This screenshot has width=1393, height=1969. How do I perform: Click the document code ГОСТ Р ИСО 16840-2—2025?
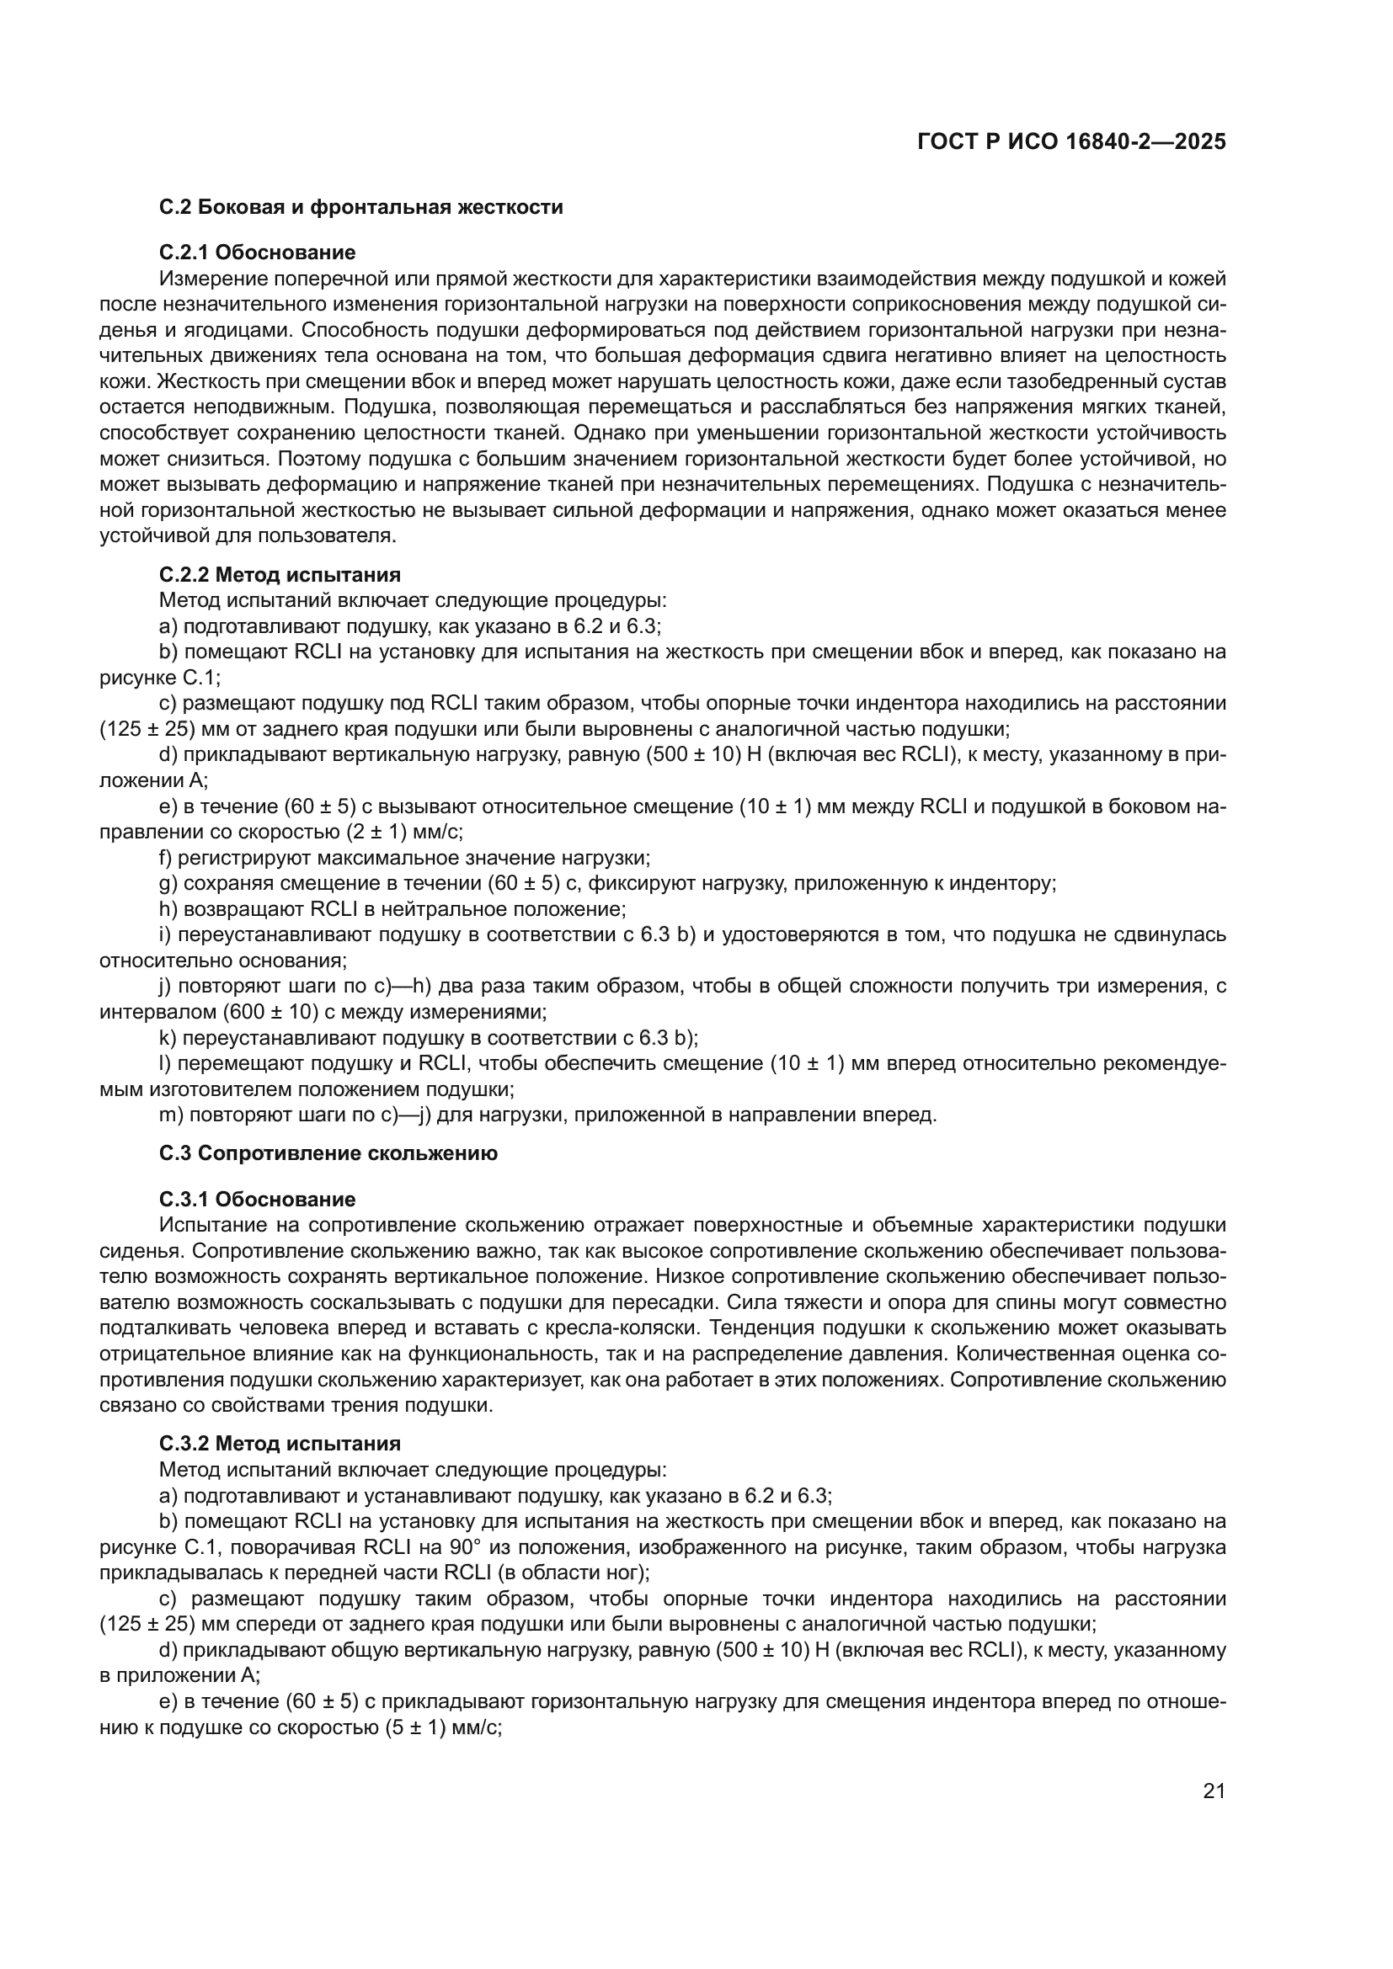tap(1070, 141)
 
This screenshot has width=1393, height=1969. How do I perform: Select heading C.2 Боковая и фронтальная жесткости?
tap(360, 207)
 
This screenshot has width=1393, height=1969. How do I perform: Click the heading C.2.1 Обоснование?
tap(258, 253)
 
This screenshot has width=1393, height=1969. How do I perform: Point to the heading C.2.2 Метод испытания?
tap(280, 575)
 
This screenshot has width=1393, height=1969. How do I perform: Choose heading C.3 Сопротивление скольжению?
tap(328, 1153)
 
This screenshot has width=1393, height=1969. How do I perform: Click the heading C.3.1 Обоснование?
tap(258, 1199)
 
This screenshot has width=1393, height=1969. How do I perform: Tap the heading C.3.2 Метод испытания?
tap(280, 1444)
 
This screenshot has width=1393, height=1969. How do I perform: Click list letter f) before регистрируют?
tap(167, 858)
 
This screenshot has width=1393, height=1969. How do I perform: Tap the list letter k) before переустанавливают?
tap(168, 1038)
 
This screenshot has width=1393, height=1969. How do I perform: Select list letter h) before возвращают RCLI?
tap(168, 909)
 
